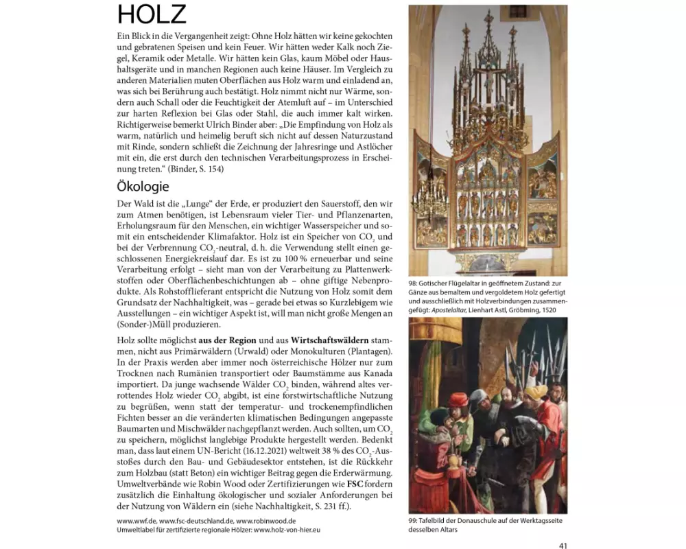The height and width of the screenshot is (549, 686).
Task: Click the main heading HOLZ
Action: coord(152,14)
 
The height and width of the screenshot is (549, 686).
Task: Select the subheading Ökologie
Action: coord(143,186)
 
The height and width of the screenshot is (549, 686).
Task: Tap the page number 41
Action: coord(563,546)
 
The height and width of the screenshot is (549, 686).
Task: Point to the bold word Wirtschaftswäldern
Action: coord(330,340)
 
